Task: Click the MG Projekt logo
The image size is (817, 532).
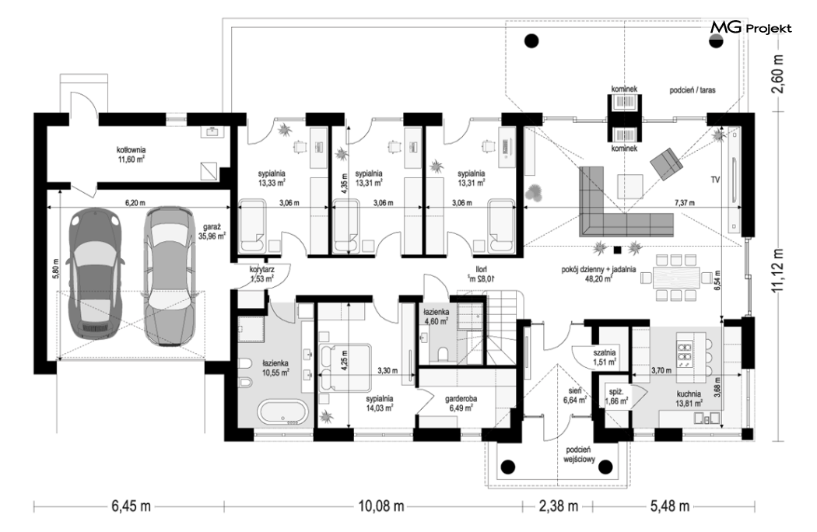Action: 751,28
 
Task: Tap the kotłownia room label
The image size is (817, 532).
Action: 131,155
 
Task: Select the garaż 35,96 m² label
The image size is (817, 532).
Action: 214,231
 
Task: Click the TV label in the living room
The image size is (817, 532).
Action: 715,180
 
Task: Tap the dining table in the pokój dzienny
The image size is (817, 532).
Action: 676,277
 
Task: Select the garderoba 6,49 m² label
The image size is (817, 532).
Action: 461,404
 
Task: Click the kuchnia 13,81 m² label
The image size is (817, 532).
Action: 689,398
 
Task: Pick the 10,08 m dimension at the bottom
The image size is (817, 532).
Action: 381,506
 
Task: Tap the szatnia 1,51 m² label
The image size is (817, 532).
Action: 605,356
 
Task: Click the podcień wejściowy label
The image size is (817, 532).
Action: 579,454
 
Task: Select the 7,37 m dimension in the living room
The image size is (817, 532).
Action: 684,203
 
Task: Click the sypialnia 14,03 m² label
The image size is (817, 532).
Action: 379,404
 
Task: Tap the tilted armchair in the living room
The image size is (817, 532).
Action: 666,163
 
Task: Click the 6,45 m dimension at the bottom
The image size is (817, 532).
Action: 131,506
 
